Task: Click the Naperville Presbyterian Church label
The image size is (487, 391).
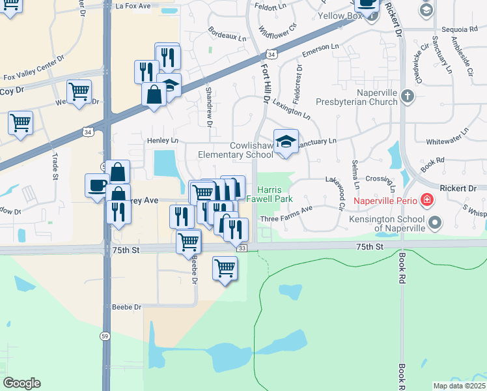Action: (357, 97)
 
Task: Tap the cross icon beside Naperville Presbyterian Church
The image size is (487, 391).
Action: (408, 96)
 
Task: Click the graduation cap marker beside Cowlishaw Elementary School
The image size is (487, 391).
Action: (285, 142)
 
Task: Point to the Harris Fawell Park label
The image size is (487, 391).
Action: (274, 194)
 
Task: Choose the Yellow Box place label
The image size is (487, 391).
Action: (339, 16)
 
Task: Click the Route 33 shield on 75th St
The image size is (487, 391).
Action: (242, 248)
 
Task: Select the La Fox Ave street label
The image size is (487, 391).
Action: (133, 6)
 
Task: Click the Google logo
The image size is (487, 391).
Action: (21, 383)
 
